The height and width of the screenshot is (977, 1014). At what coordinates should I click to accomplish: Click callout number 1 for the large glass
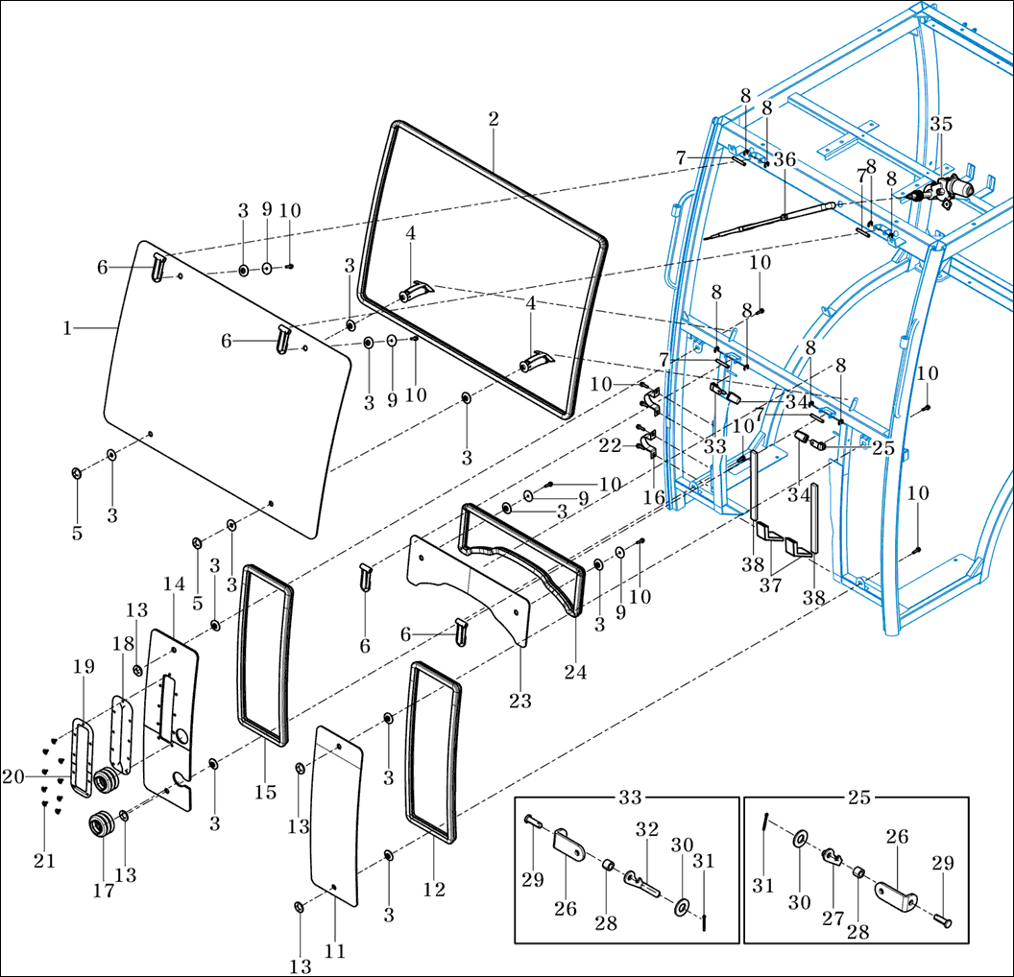coord(67,328)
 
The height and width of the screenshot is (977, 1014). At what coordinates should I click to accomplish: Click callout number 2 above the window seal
coord(493,119)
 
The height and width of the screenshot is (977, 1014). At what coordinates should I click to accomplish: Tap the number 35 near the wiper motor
coord(941,124)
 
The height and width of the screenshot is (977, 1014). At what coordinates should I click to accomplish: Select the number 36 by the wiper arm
coord(785,160)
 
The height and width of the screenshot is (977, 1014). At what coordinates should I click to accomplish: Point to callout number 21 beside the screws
coord(44,861)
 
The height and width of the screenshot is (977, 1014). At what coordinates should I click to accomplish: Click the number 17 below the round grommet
coord(103,891)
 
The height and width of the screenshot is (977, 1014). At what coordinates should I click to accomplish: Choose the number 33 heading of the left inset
coord(629,798)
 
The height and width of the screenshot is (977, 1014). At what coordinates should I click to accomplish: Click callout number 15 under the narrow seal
coord(265,793)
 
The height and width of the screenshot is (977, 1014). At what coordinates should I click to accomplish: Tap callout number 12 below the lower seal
coord(434,890)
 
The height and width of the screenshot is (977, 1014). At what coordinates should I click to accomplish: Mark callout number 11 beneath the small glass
coord(335,951)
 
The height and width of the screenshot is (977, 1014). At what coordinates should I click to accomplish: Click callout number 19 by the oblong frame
coord(83,664)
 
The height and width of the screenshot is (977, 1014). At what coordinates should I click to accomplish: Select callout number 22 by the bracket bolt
coord(610,445)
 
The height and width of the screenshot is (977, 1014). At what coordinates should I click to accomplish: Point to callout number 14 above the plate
coord(173,584)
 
